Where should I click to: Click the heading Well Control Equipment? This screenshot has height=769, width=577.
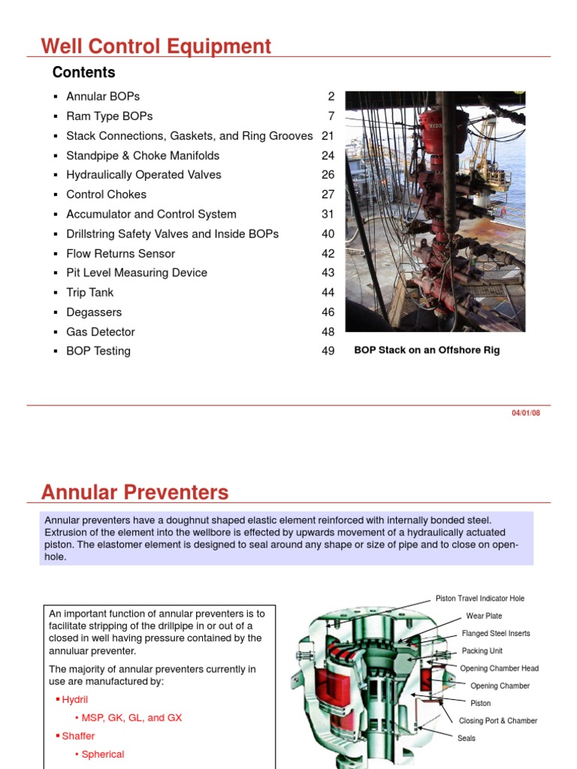156,47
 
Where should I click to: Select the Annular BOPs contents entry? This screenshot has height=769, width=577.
103,97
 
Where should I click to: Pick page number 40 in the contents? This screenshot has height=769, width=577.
328,234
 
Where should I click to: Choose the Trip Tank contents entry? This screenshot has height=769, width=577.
90,292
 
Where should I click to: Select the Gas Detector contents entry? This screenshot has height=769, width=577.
101,331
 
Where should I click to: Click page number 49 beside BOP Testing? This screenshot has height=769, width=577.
328,351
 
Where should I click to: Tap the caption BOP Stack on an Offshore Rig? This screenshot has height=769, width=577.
427,350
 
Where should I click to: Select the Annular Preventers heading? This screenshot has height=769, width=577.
134,493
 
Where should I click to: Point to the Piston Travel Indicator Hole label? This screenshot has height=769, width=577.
480,599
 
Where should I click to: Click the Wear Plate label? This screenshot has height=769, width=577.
484,616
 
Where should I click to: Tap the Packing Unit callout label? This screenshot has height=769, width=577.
482,651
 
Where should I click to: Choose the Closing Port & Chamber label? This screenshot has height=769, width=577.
498,720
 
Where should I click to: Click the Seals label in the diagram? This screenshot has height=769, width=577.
467,738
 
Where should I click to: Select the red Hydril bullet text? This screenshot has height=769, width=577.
74,699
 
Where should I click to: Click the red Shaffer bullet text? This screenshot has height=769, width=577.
78,736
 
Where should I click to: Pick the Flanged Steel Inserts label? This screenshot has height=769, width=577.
496,633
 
